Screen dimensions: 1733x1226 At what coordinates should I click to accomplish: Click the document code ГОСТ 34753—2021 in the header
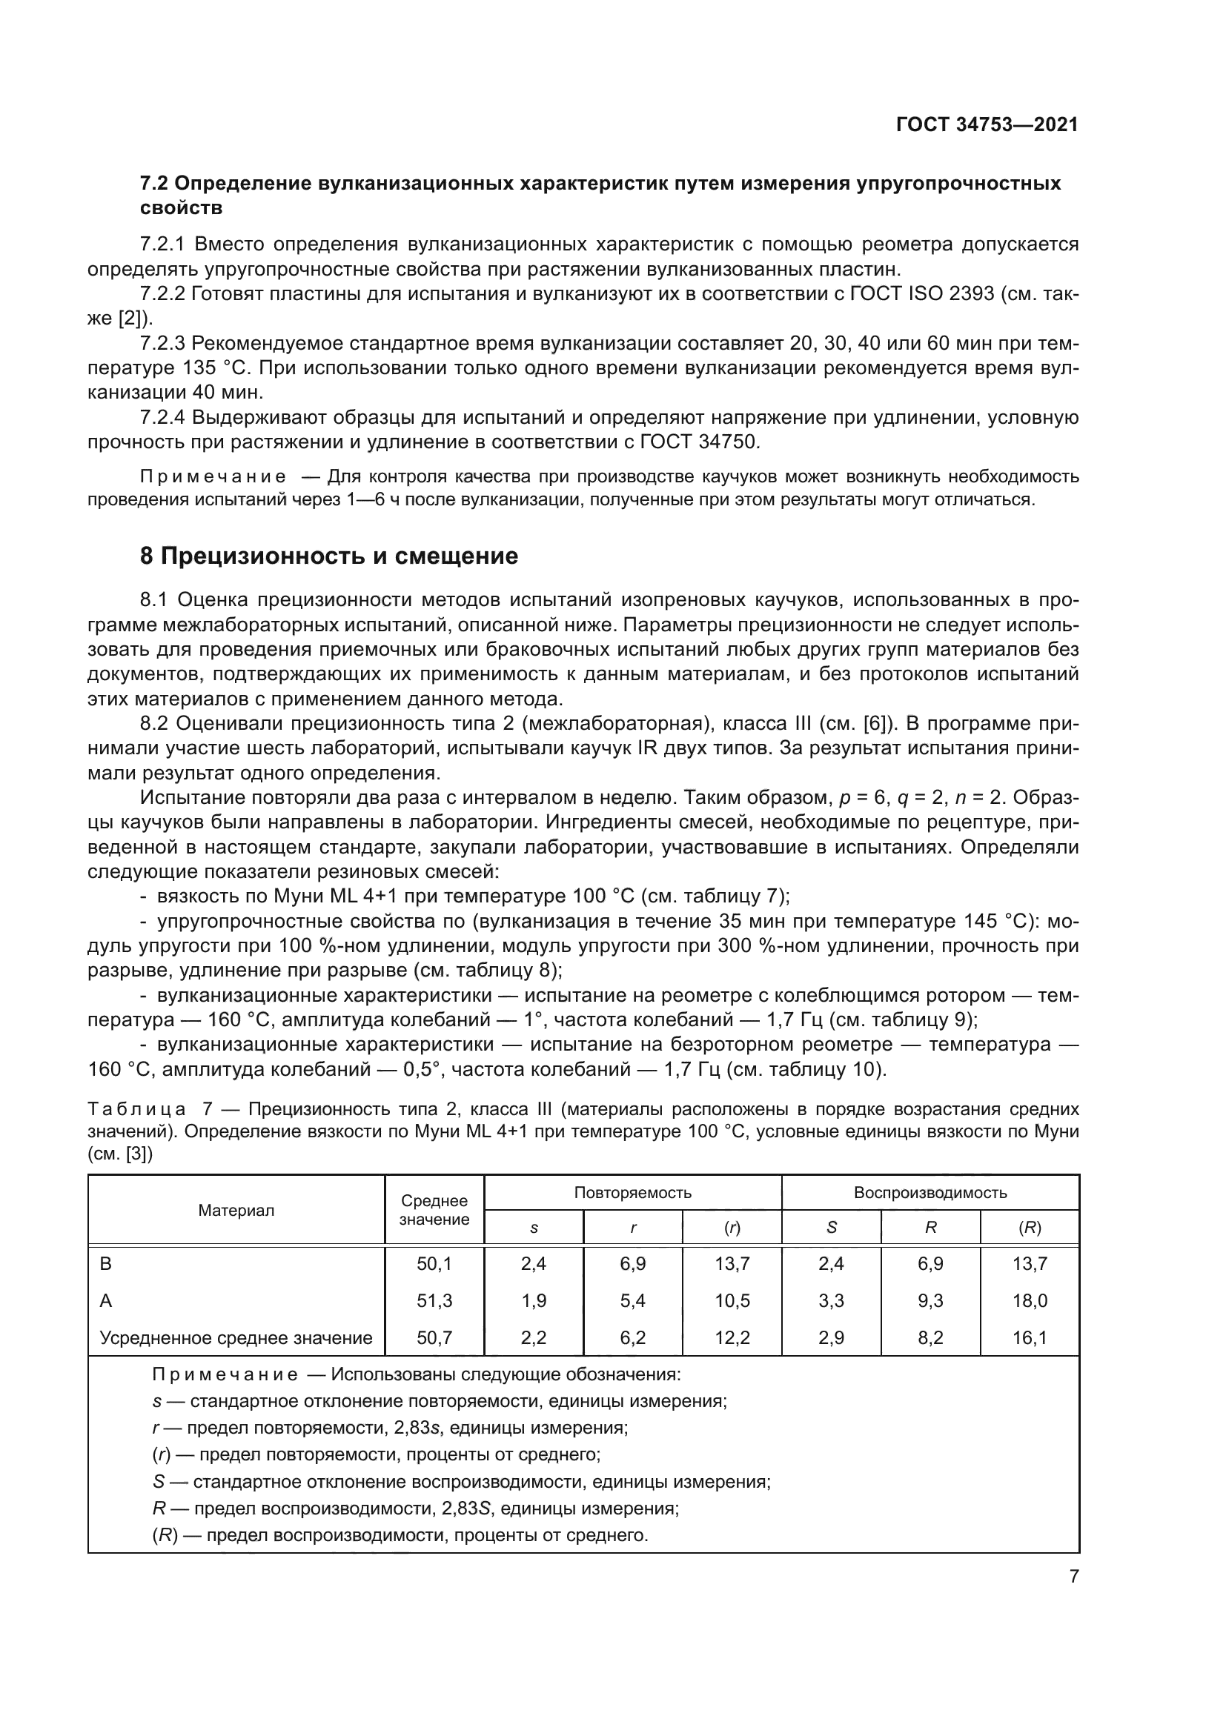pos(987,124)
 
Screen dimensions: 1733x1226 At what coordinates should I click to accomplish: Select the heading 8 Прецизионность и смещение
pos(329,556)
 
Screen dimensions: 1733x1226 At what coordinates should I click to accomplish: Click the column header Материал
pos(236,1210)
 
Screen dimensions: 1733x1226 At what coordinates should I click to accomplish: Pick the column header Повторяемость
pos(632,1193)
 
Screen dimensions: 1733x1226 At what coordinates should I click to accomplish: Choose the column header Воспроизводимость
pos(930,1193)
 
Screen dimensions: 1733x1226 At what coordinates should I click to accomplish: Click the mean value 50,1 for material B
pos(434,1263)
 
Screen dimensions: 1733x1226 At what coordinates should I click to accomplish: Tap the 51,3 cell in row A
pos(434,1300)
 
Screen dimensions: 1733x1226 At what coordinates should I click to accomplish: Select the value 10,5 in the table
pos(732,1300)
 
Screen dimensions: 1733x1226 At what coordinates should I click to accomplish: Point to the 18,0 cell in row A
pos(1030,1300)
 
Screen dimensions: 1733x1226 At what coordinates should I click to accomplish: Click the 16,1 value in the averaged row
pos(1030,1338)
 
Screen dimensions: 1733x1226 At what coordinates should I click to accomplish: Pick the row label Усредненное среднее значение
pos(236,1338)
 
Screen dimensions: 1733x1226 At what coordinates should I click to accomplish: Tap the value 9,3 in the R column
pos(930,1300)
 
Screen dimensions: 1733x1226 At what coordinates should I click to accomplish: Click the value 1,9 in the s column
pos(534,1300)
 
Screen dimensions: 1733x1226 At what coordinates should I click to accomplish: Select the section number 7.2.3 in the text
pos(162,344)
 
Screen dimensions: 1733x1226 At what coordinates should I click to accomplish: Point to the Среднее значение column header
pos(434,1210)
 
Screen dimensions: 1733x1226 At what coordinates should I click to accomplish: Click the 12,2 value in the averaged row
pos(732,1338)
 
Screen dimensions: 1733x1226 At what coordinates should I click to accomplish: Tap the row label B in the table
pos(106,1263)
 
